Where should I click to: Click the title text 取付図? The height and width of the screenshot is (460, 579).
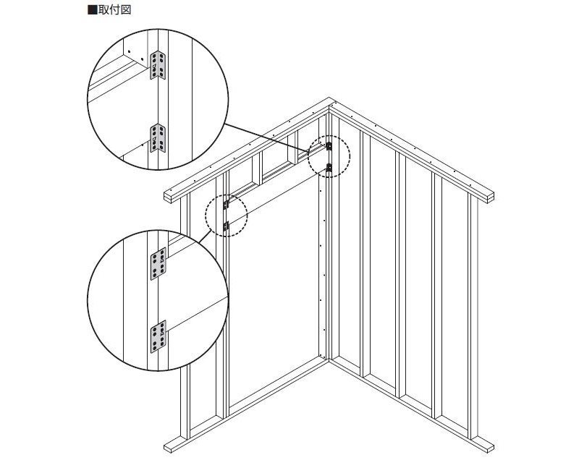(x=114, y=9)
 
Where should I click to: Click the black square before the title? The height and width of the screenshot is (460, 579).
(x=93, y=9)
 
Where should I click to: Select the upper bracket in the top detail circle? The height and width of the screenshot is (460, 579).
(x=158, y=65)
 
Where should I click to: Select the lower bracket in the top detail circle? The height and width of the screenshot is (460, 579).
(x=158, y=138)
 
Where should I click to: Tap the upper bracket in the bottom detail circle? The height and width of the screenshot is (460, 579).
(x=158, y=264)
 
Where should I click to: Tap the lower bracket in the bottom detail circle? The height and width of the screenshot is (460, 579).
(x=158, y=336)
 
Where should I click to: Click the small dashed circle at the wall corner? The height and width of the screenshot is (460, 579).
(x=329, y=156)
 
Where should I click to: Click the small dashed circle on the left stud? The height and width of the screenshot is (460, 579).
(x=227, y=216)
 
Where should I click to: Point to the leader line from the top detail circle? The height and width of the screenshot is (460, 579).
(x=266, y=137)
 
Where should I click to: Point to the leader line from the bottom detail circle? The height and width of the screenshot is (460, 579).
(x=206, y=236)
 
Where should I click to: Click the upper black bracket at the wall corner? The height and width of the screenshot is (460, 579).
(x=329, y=146)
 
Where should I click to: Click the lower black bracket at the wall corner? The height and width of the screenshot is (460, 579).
(x=329, y=169)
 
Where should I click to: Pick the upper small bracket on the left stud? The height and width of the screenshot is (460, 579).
(x=226, y=205)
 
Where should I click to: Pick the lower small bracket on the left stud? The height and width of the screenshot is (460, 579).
(x=226, y=226)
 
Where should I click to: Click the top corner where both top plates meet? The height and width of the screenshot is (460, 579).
(x=330, y=98)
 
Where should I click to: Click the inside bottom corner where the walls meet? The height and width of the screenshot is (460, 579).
(x=329, y=359)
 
